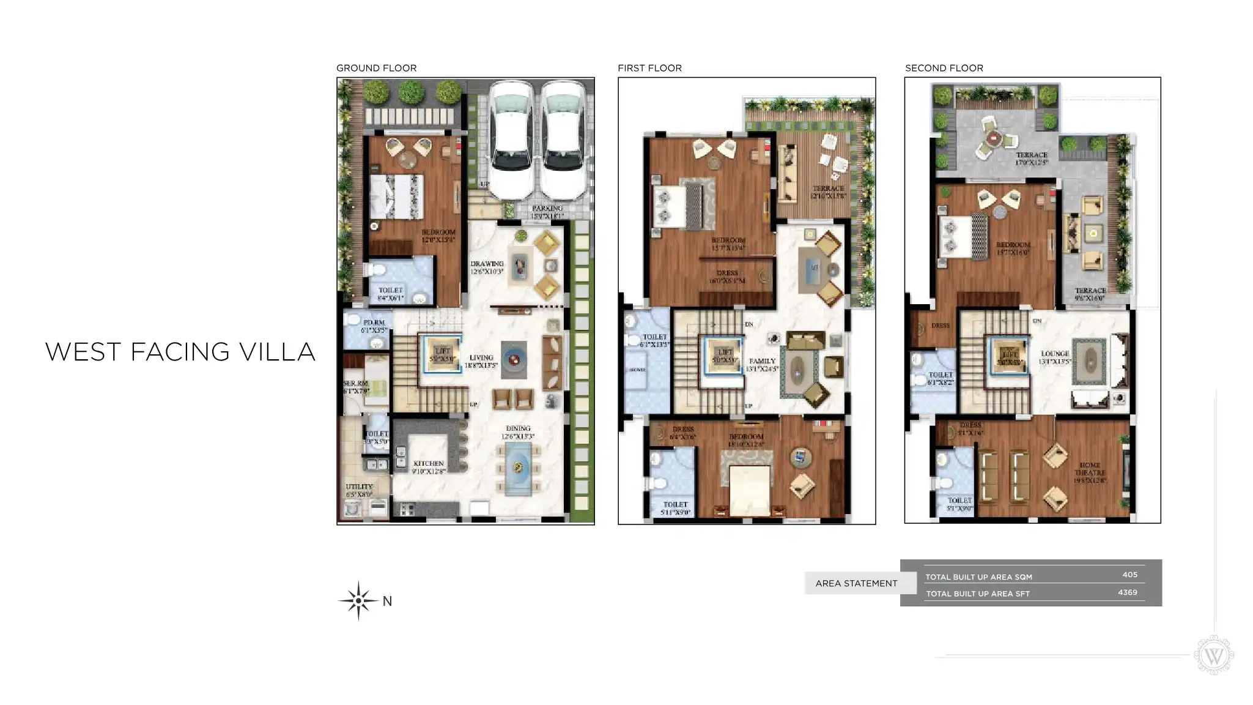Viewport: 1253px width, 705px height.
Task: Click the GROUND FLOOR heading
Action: [376, 68]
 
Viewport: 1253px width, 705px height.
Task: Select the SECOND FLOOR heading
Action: [944, 68]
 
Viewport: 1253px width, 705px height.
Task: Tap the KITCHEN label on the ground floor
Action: [428, 464]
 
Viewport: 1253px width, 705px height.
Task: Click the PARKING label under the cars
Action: [547, 209]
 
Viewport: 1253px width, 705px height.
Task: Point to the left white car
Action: [511, 141]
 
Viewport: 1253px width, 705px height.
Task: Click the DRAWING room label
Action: [487, 264]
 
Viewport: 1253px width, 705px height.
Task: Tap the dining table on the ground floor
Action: [519, 469]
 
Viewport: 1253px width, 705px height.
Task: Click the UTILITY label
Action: [359, 487]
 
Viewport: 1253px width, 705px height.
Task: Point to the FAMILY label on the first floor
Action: [762, 362]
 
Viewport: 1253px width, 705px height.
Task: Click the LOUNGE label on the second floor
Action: [1055, 354]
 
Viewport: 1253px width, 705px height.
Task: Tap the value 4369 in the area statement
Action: [1127, 592]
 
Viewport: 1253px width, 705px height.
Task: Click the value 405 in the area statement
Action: [1129, 575]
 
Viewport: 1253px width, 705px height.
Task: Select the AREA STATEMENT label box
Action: [856, 583]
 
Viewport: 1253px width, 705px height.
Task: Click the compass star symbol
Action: [358, 601]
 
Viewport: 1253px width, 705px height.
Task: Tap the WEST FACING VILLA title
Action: [180, 352]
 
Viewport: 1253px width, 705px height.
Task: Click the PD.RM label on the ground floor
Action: [374, 323]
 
